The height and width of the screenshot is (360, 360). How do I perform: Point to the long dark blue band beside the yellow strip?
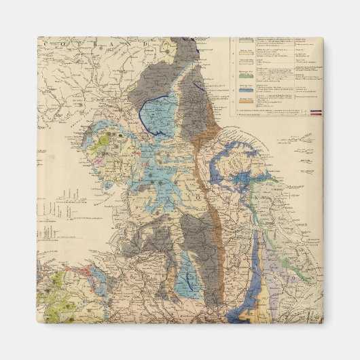255,272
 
